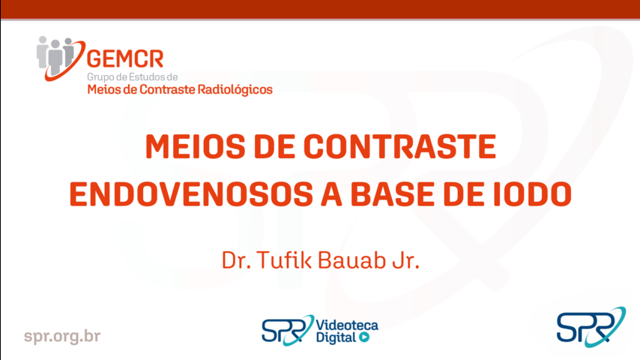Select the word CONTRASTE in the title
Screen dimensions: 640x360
(399, 146)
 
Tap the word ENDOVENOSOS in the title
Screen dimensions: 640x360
(191, 193)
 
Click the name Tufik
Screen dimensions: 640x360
(284, 260)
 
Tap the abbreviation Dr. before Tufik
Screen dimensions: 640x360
(236, 260)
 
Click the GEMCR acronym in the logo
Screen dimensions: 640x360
(125, 59)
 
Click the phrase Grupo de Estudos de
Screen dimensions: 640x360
(132, 76)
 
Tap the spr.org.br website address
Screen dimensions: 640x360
(62, 336)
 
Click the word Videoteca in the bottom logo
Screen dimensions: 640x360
(347, 325)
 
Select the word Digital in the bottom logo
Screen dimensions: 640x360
(336, 337)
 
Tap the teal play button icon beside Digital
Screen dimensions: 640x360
(364, 337)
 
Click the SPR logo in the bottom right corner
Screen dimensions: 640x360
(591, 327)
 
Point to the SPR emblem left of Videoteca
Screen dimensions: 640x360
(288, 330)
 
